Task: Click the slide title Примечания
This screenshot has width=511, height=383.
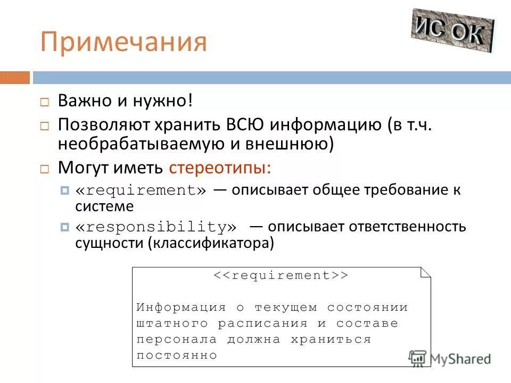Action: coord(123,43)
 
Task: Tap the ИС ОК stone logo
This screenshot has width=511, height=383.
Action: coord(452,30)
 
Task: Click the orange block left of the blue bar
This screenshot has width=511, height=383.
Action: coord(15,78)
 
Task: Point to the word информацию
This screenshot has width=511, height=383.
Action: coord(325,126)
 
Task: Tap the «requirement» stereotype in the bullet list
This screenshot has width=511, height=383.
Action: coord(141,190)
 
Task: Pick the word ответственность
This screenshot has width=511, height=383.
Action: coord(407,227)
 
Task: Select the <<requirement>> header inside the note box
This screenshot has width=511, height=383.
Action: coord(281,276)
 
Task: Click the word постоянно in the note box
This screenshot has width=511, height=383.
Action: coord(177,355)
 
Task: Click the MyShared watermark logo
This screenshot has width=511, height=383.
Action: coord(450,359)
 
